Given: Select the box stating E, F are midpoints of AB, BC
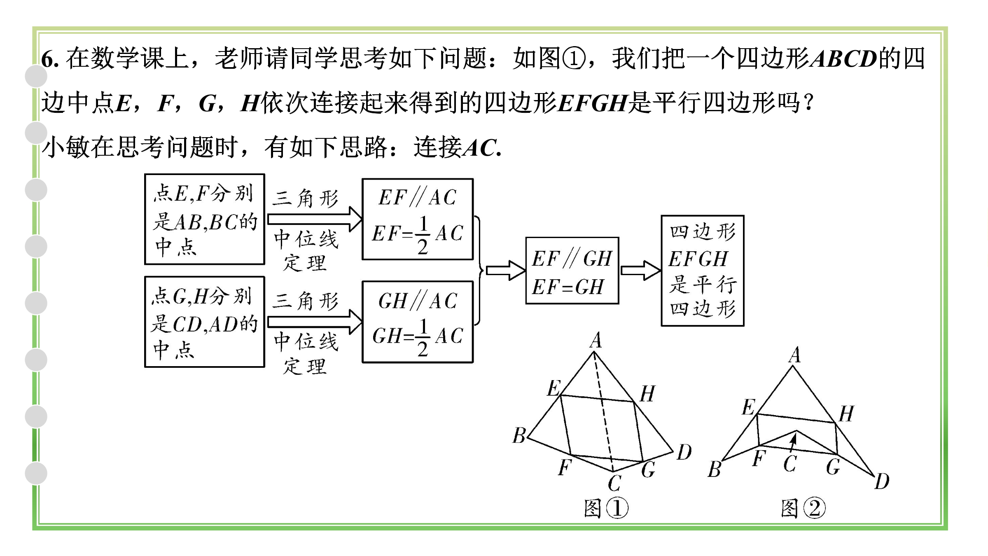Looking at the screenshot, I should [x=204, y=219].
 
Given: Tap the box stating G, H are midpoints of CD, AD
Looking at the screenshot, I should [x=204, y=322].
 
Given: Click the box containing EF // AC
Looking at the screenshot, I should [x=418, y=219].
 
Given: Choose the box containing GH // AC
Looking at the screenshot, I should [x=418, y=322].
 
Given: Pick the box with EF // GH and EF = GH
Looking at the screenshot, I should [x=572, y=271].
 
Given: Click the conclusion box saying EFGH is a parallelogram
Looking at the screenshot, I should [x=702, y=271].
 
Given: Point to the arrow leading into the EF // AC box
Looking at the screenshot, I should [x=314, y=219].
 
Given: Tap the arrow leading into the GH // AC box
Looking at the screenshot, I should [x=314, y=322].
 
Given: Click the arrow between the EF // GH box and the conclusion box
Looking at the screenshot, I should [x=640, y=271].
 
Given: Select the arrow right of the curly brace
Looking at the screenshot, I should [x=505, y=271].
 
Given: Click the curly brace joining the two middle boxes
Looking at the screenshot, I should [x=479, y=271].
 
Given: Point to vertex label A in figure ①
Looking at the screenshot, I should [x=596, y=341].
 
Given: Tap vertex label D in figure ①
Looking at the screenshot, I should [x=684, y=452].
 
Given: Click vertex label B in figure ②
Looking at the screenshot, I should [x=715, y=470].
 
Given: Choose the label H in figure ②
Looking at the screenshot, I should [x=846, y=414].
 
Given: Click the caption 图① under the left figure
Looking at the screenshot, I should [x=606, y=508].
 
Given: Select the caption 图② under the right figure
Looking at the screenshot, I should [x=803, y=508].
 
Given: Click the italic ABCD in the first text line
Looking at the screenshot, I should [x=843, y=59].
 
